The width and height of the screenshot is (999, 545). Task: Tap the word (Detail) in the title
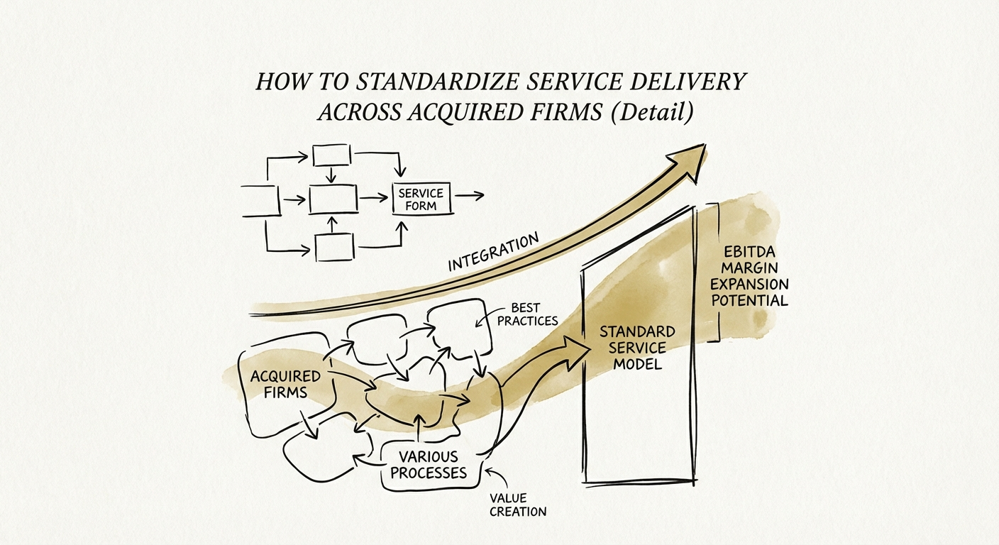[x=653, y=112]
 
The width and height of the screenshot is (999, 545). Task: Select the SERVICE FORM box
[x=421, y=199]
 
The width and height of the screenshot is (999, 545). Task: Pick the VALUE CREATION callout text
[x=518, y=505]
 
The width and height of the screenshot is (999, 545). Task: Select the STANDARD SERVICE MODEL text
[x=636, y=348]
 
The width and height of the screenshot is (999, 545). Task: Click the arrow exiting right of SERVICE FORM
[x=469, y=194]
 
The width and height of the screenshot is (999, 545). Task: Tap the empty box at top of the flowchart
[x=331, y=154]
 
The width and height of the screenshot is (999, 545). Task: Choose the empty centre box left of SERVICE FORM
[x=332, y=198]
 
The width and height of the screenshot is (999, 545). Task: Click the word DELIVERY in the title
[x=685, y=82]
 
